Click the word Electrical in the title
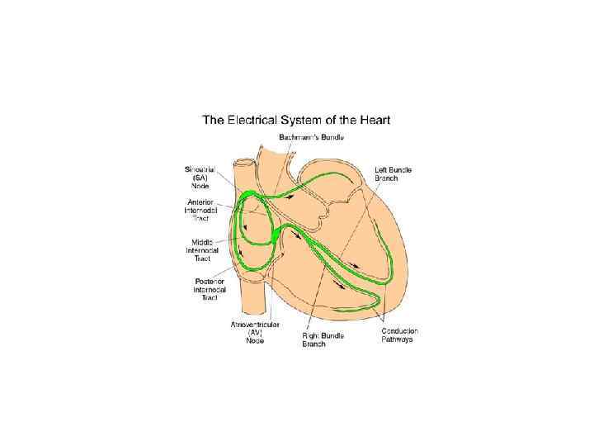pyautogui.click(x=260, y=119)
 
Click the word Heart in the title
pyautogui.click(x=374, y=119)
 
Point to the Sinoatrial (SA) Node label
pyautogui.click(x=200, y=178)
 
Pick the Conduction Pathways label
pyautogui.click(x=399, y=335)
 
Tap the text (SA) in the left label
pyautogui.click(x=200, y=178)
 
